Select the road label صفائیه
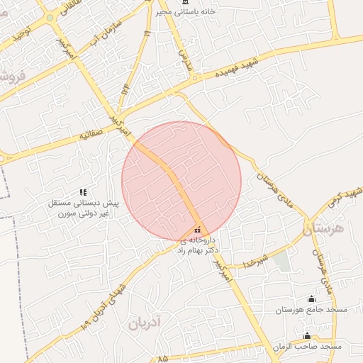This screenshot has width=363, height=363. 94,133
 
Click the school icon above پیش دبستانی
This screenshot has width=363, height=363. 83,191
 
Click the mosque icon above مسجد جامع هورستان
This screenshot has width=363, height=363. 310,298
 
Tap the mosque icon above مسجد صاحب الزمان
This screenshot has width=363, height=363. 307,335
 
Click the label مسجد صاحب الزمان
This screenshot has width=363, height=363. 307,347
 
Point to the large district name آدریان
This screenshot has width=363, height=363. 146,324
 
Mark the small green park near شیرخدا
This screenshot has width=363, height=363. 281,262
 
